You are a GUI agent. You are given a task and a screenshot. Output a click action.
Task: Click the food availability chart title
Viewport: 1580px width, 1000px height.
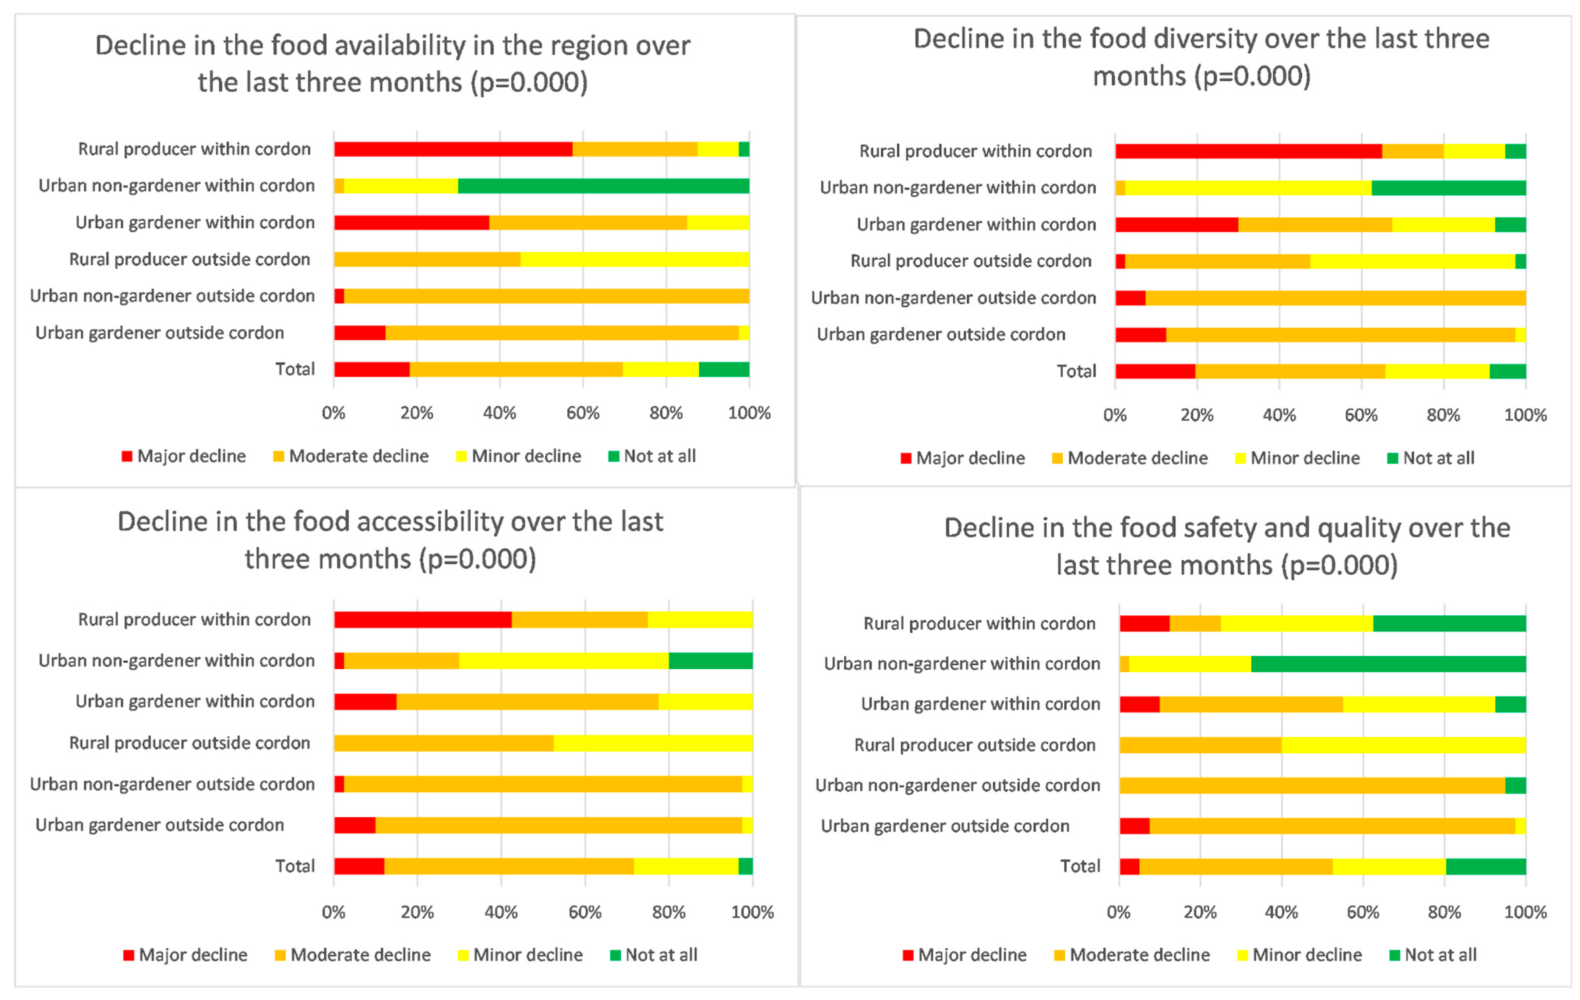(x=392, y=64)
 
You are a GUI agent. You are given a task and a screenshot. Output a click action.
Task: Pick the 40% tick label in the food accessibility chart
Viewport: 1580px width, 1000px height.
(x=501, y=912)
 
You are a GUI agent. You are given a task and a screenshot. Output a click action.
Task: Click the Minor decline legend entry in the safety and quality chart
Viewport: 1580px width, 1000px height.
(x=1298, y=955)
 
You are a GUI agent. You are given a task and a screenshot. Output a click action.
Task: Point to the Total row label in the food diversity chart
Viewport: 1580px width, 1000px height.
(x=1076, y=371)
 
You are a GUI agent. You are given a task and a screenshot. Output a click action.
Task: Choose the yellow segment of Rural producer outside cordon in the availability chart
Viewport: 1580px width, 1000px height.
(x=635, y=259)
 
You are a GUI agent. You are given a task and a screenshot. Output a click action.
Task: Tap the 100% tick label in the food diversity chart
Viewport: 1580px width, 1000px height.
(x=1525, y=415)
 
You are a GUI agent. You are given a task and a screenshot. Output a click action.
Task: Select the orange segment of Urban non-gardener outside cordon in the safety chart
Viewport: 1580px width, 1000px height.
(x=1312, y=785)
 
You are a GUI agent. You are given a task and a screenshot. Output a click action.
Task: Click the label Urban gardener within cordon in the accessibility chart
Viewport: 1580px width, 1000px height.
(x=195, y=701)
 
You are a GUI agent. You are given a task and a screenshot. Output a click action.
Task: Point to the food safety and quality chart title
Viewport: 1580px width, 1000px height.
(x=1226, y=546)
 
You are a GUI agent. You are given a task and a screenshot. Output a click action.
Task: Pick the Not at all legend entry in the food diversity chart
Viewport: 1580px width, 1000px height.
(x=1431, y=458)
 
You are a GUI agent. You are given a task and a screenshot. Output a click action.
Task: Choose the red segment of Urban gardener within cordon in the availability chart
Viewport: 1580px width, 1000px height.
(x=412, y=223)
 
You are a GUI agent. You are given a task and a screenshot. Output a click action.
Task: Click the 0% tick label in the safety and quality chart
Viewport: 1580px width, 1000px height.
(x=1119, y=912)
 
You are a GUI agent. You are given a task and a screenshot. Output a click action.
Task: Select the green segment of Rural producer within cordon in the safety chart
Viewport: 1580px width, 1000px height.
(x=1449, y=623)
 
